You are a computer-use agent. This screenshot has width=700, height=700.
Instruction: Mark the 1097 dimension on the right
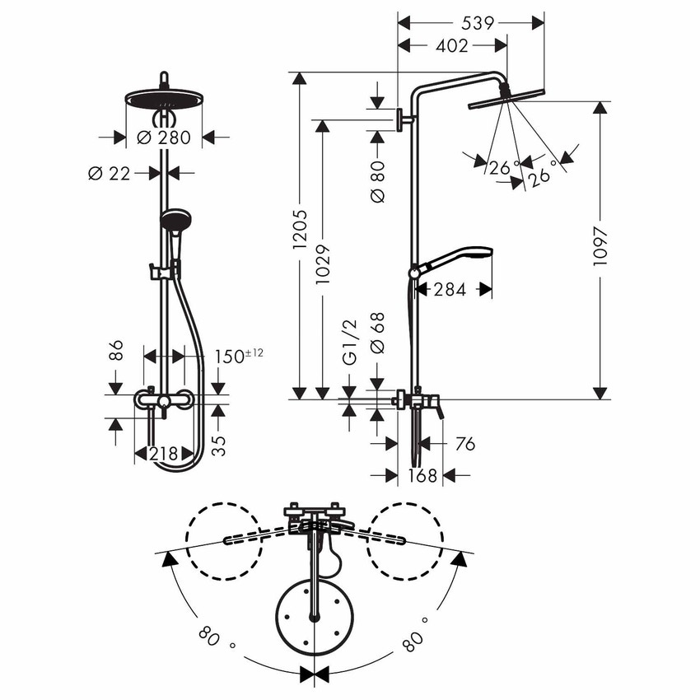coord(602,245)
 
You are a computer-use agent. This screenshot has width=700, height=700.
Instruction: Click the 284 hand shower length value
coord(450,289)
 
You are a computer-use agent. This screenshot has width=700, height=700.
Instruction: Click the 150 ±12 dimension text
coord(241,356)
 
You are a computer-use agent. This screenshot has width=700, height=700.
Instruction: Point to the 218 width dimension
coord(165,454)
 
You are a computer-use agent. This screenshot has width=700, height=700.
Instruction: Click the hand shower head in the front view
coord(175,220)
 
